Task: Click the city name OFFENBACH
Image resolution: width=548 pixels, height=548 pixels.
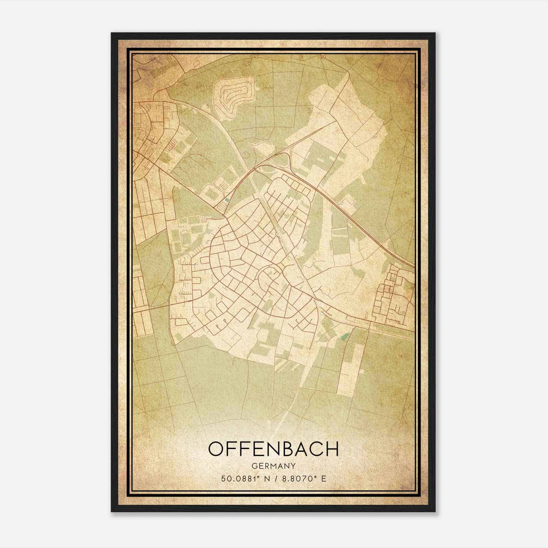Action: [273, 449]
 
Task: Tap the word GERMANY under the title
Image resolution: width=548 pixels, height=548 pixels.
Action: [273, 466]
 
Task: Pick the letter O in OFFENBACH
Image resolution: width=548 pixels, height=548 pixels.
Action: [216, 449]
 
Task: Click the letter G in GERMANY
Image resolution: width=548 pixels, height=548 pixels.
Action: [254, 466]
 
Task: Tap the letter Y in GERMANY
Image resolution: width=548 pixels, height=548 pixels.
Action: [293, 466]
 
